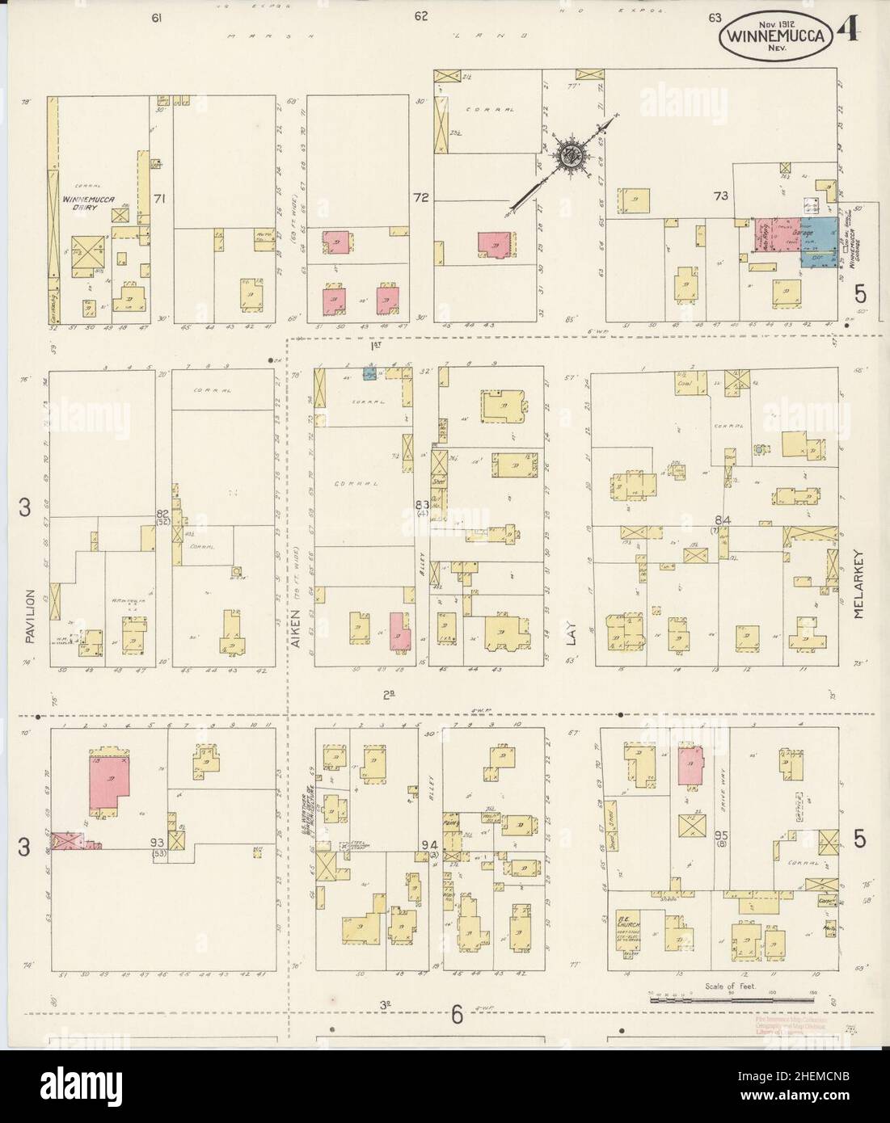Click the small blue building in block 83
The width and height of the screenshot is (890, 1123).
[x=369, y=374]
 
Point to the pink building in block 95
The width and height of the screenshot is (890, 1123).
[x=690, y=765]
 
